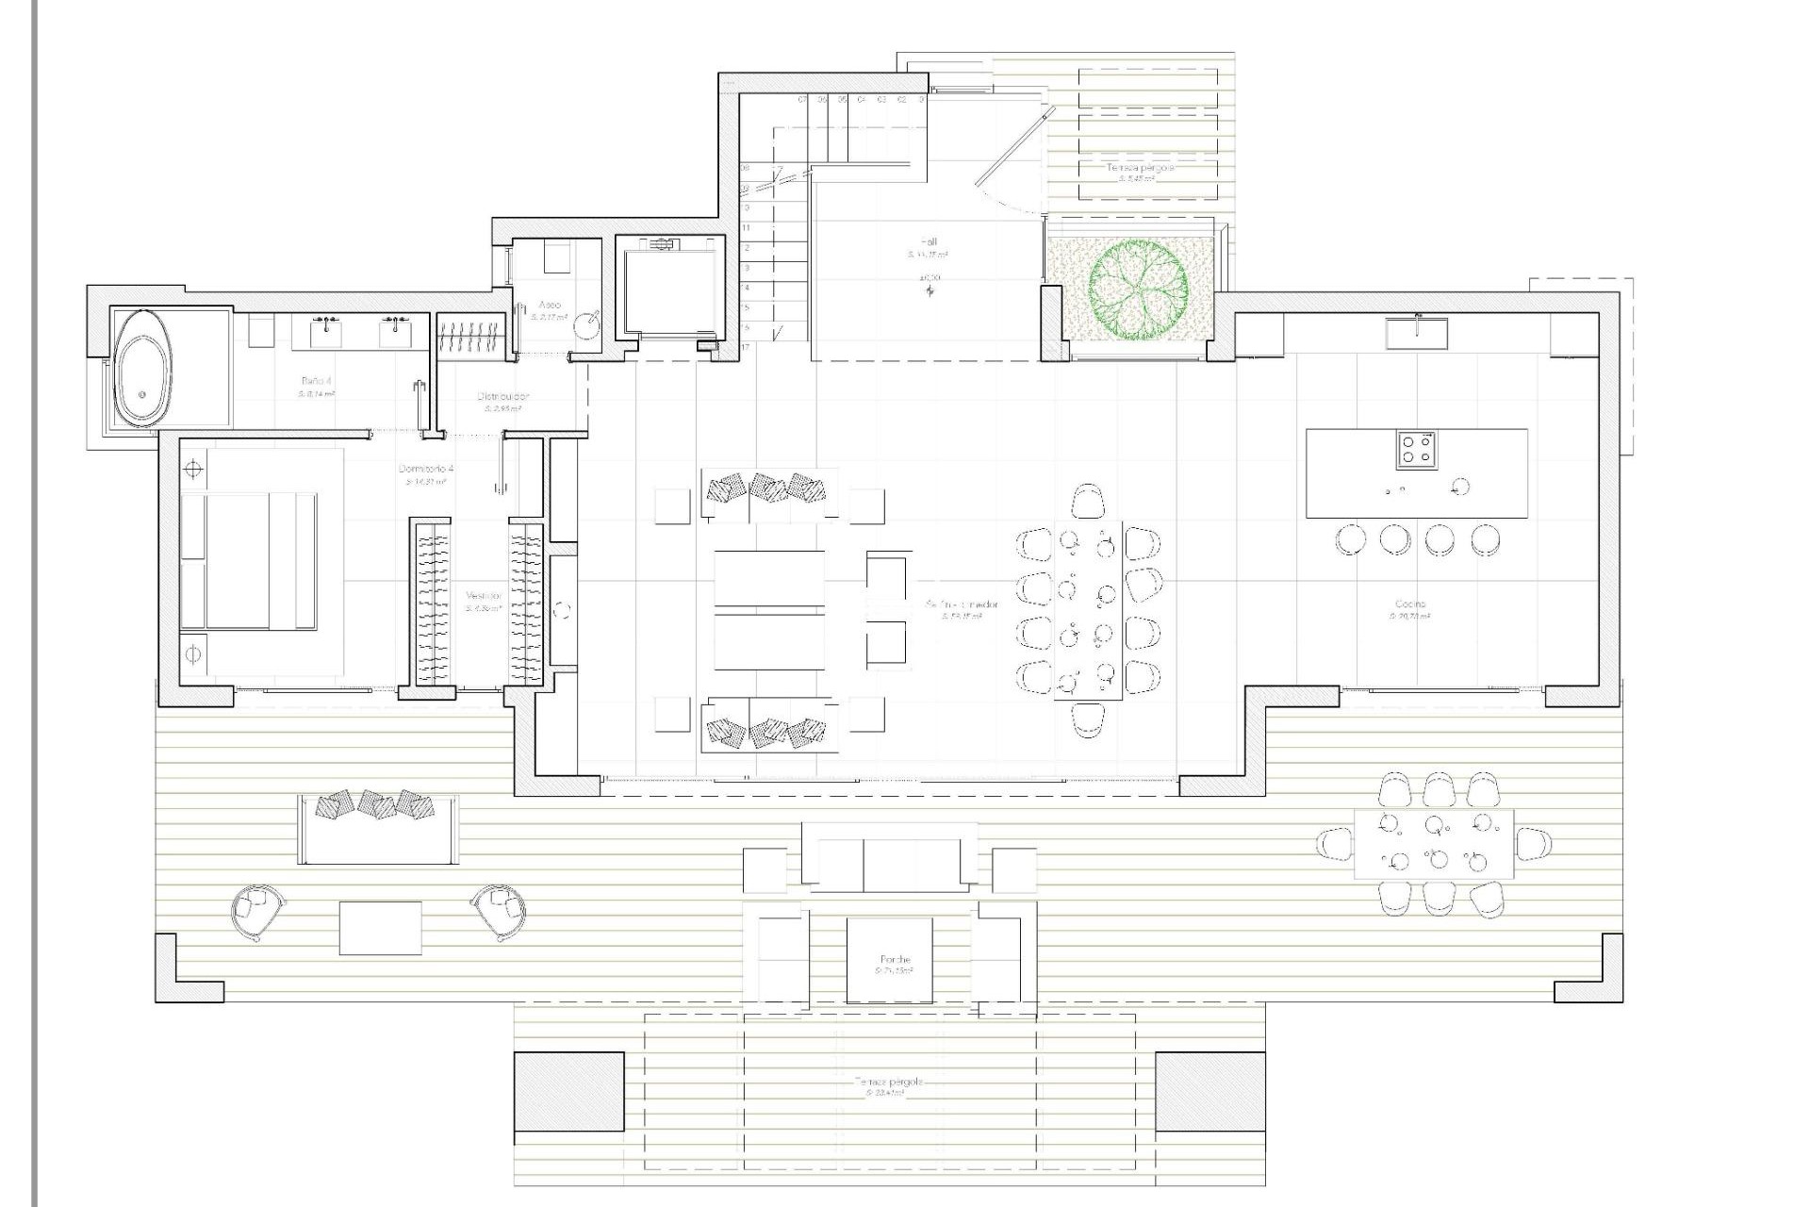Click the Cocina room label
[x=1410, y=604]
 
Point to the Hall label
[x=929, y=242]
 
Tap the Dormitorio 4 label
[x=426, y=469]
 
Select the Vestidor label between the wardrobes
[x=483, y=597]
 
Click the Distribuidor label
[x=503, y=397]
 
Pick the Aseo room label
[x=549, y=305]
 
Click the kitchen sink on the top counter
[x=1417, y=333]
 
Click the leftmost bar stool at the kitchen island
[x=1350, y=539]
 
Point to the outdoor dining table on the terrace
[x=1433, y=843]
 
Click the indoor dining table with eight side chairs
[x=1088, y=610]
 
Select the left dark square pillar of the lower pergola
[x=568, y=1092]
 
